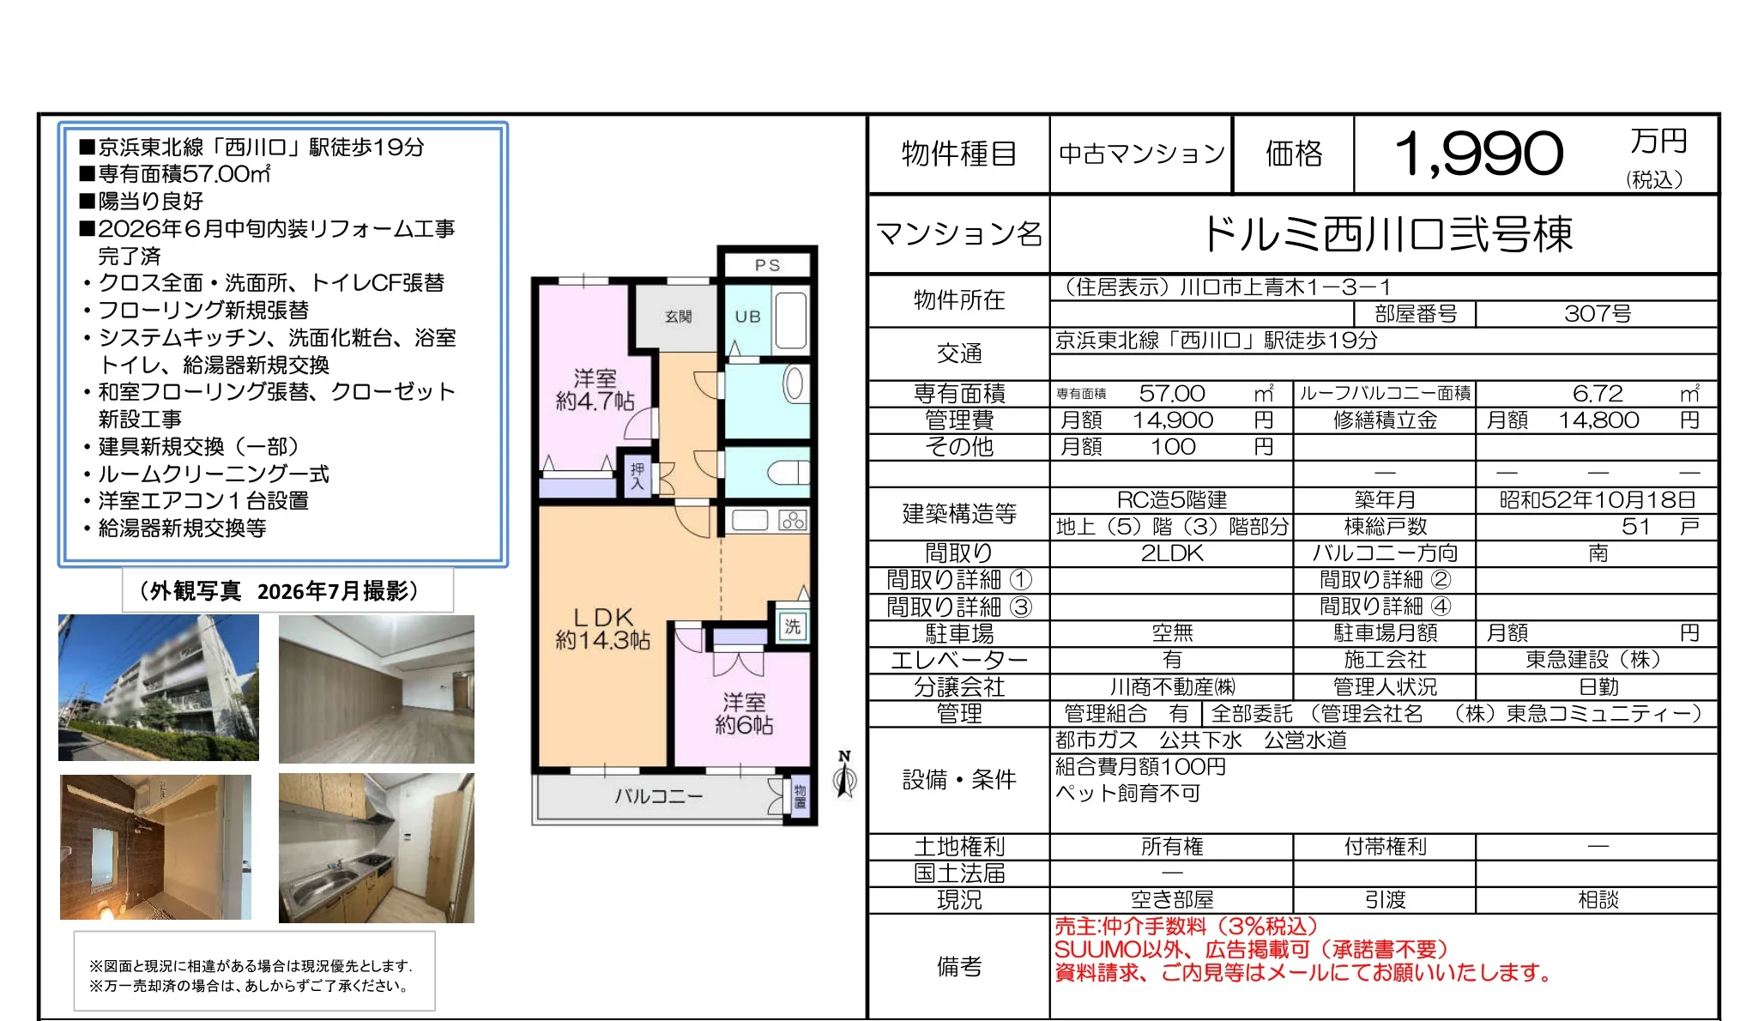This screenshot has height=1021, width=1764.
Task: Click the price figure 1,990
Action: click(1478, 154)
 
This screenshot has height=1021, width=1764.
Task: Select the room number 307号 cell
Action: click(1597, 314)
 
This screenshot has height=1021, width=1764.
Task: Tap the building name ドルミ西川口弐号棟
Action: click(1387, 233)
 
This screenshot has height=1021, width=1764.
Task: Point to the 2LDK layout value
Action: click(1172, 553)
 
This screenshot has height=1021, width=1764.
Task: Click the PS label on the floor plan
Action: click(768, 265)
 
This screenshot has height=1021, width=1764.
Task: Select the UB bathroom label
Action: click(747, 317)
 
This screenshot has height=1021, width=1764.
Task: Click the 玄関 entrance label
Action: click(678, 317)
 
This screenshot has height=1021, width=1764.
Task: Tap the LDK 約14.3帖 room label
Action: click(603, 629)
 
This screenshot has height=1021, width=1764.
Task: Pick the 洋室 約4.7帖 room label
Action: click(595, 390)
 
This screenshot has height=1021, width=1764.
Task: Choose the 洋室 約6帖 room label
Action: click(744, 714)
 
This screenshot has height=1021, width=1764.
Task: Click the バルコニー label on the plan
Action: click(658, 796)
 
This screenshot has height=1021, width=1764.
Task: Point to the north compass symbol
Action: click(845, 775)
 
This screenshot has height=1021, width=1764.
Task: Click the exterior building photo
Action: click(159, 687)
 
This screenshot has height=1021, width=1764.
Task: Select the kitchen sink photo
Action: click(377, 848)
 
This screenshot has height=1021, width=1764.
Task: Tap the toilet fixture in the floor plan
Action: click(787, 472)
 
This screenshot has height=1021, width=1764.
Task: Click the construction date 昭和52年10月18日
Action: click(1597, 500)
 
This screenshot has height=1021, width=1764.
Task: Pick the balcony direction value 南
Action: click(1598, 553)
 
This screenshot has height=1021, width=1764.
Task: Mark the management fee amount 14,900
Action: click(1172, 420)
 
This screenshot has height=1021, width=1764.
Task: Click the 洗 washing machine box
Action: click(792, 626)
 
